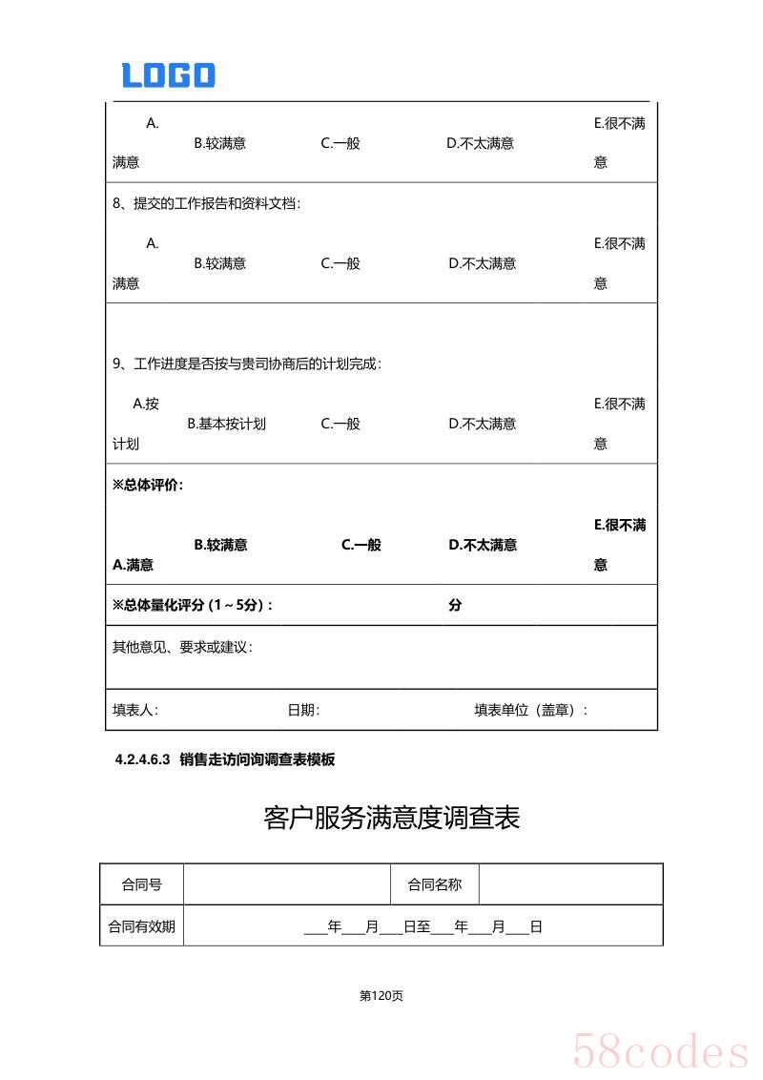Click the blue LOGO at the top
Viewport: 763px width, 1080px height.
[168, 75]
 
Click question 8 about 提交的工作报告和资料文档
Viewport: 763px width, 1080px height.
[206, 203]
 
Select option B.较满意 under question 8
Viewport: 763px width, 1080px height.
[219, 263]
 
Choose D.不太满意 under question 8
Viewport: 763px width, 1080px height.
[483, 263]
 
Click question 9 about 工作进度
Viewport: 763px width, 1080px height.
[246, 363]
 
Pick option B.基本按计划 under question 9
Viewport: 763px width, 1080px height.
[226, 424]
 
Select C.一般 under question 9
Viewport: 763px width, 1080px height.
[340, 424]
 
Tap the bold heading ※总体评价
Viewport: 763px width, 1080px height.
[148, 485]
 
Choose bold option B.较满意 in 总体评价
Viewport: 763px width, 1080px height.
[220, 545]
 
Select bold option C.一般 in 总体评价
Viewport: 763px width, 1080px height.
[361, 545]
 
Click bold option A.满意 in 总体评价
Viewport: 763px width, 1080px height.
[133, 565]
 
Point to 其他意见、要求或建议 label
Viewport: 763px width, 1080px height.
[182, 647]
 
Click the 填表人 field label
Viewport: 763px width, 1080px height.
[135, 710]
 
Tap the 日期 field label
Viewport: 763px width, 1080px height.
[303, 710]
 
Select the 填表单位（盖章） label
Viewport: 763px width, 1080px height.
[531, 710]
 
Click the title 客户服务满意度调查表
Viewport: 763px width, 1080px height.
[391, 818]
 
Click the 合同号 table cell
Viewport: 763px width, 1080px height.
[141, 884]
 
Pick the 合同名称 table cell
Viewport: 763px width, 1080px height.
[434, 884]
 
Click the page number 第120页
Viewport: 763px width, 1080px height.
[381, 996]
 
